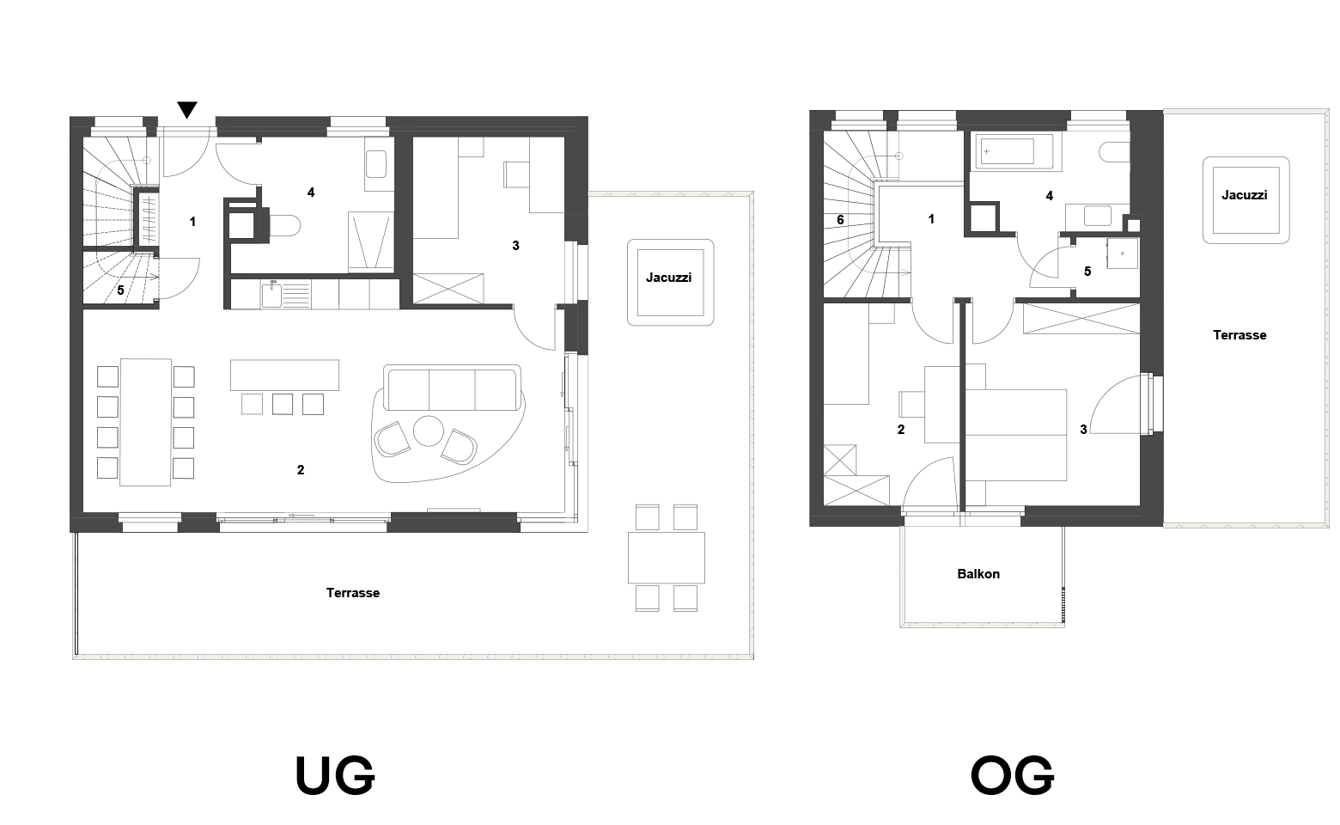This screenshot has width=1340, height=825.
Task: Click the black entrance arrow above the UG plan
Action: coord(187,109)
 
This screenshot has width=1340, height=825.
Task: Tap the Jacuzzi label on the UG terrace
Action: coord(669,278)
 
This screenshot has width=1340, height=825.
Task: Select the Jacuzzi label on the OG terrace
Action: coord(1245,194)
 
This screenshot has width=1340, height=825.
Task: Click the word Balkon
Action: coord(978,573)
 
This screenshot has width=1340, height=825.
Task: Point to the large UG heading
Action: coord(335,775)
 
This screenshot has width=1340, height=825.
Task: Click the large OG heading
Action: coord(1012,775)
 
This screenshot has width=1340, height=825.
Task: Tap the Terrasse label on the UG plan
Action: coord(353,593)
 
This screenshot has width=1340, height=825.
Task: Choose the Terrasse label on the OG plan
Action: coord(1239,335)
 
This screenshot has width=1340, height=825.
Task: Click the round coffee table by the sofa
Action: coord(429,431)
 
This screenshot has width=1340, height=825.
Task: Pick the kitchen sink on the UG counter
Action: coord(271,295)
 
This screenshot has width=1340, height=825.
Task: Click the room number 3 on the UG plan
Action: coord(515,246)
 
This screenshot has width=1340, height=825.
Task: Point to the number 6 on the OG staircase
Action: coord(840,220)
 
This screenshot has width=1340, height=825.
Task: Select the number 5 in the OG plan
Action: coord(1087,272)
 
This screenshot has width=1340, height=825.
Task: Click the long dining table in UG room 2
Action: coord(145,422)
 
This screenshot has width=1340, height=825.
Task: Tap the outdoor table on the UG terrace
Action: coord(667,558)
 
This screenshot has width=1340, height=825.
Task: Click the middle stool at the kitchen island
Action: coord(283,404)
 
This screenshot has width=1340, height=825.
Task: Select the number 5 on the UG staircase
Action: coord(120,290)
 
